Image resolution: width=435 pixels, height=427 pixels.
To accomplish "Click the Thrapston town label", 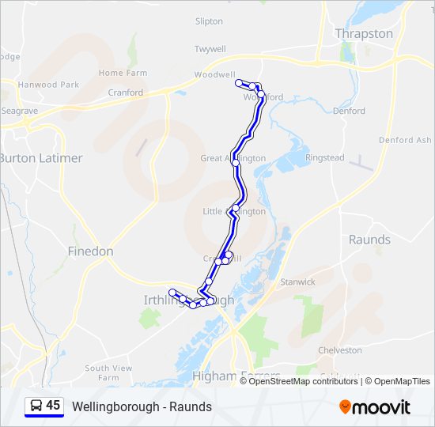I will tap(364, 33).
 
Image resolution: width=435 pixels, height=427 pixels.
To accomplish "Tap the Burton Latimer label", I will tap(40, 158).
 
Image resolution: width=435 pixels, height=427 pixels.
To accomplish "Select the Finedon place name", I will tap(90, 251).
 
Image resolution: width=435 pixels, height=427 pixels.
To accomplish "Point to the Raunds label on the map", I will tap(369, 240).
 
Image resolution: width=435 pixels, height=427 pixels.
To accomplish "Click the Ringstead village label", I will tap(325, 158).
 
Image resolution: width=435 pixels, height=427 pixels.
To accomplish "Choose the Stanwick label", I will tap(297, 282).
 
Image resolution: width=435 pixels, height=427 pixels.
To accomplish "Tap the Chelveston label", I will tap(339, 350).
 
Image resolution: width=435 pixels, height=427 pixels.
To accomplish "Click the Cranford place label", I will tap(126, 93).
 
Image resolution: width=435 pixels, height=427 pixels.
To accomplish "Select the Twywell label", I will tap(210, 49).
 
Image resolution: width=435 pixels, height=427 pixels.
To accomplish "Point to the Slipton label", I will tap(209, 22).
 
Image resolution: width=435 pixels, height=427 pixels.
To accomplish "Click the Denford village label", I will tap(349, 111).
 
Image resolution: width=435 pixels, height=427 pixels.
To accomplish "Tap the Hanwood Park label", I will tap(49, 85).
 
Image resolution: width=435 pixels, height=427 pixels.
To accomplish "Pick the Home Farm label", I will tap(123, 73).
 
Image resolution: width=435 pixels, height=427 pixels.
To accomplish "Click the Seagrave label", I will tap(19, 111).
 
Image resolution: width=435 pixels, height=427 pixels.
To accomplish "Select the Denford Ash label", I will tap(405, 140).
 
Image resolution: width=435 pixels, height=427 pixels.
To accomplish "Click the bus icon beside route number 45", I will tap(36, 406).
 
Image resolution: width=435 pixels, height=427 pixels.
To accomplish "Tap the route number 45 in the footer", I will tap(53, 406).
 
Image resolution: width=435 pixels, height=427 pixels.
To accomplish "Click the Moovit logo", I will tap(375, 407).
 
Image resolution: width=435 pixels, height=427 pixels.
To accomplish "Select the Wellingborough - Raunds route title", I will tap(142, 406).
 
